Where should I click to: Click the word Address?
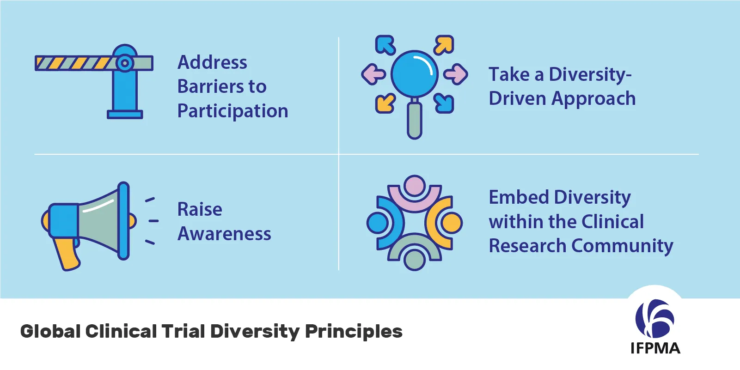coord(212,62)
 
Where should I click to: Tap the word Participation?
coord(232,111)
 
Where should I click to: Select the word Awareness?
coord(224,234)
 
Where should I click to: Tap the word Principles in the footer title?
coord(354,331)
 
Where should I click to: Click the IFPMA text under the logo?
coord(655,348)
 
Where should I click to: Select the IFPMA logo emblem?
coord(654,318)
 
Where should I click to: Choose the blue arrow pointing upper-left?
coord(385,45)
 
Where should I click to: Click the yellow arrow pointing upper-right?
coord(444,45)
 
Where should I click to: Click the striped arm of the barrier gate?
coord(74,63)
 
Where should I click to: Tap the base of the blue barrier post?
coord(125,114)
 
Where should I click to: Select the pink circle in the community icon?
coord(415,186)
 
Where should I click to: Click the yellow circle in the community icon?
coord(451,223)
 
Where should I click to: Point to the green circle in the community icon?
coord(415,260)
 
